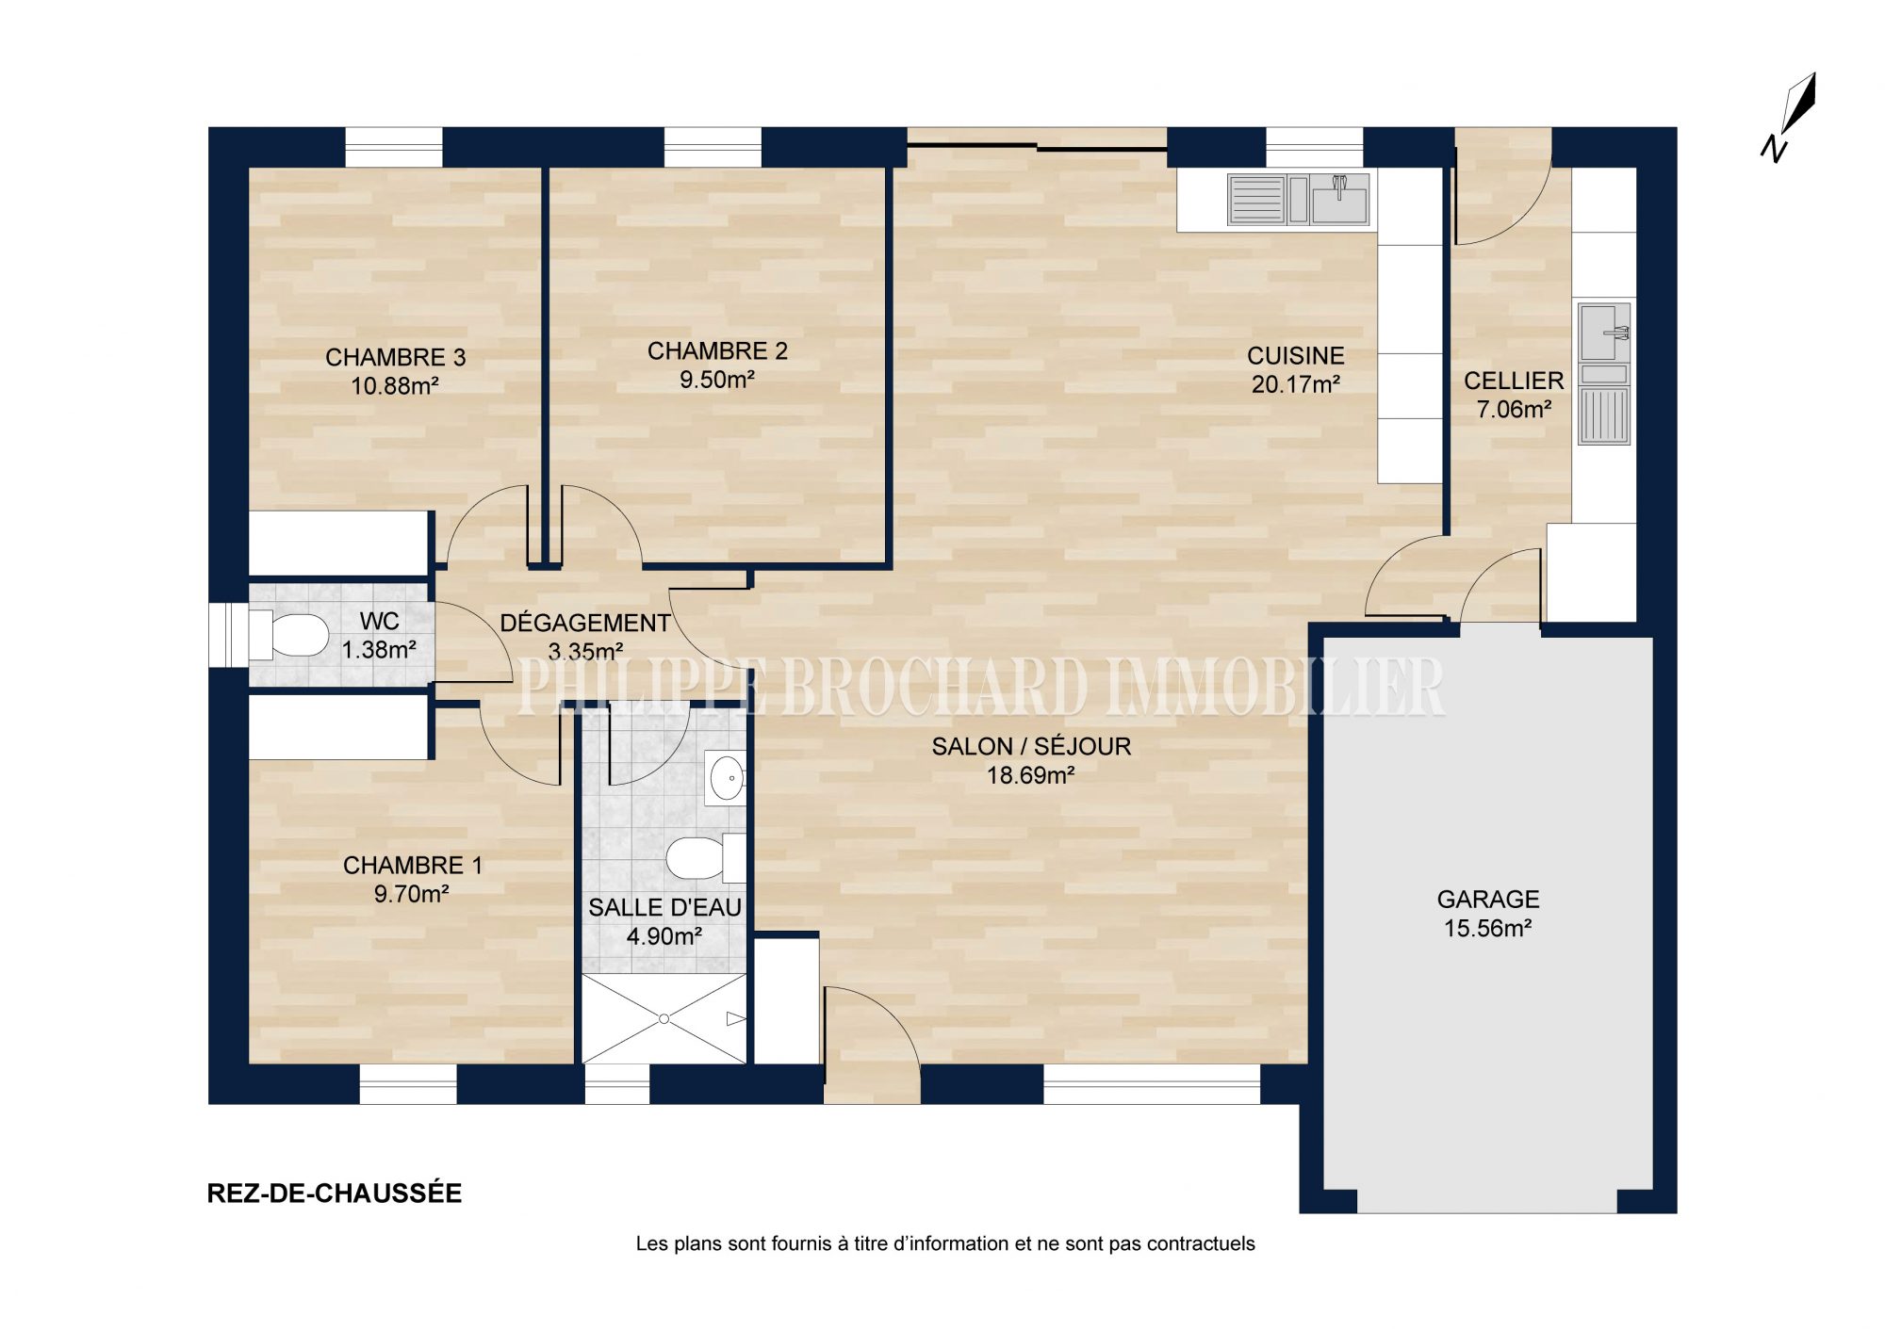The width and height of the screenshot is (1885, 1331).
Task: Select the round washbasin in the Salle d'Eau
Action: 725,778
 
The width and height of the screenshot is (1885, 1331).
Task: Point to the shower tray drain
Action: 664,1019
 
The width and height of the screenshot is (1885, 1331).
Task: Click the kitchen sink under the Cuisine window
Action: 1298,200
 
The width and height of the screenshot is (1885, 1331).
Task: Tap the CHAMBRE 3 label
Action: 395,358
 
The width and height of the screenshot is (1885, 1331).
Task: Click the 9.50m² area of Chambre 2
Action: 716,380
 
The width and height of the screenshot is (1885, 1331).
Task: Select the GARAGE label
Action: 1488,900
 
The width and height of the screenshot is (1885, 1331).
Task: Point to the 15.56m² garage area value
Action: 1487,929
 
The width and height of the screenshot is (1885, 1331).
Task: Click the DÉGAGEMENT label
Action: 584,623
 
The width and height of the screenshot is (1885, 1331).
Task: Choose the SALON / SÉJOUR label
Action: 1031,747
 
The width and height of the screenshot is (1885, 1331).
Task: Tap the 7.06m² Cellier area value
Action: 1514,410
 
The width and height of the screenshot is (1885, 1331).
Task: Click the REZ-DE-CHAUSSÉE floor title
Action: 335,1193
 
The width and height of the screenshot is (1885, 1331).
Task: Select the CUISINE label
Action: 1296,356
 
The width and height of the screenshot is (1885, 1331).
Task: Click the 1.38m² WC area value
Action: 379,650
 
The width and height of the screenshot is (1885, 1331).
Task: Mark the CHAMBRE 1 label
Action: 412,866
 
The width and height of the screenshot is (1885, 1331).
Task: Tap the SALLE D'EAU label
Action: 664,908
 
